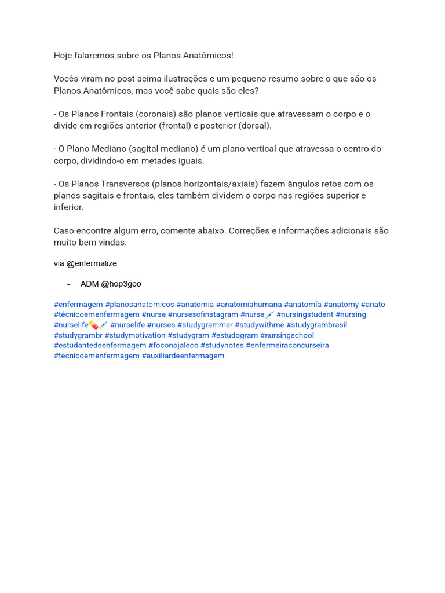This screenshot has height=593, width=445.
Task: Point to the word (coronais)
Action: point(156,114)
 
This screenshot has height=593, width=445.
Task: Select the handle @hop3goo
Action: point(121,284)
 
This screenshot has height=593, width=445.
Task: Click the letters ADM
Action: point(89,284)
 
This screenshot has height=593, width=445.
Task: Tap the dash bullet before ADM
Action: point(68,284)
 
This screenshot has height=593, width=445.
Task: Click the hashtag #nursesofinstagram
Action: point(203,314)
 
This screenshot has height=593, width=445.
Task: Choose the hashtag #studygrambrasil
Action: point(316,325)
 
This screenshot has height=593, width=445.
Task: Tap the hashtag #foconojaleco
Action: point(173,345)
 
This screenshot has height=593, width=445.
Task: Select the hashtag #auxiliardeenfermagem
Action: point(183,356)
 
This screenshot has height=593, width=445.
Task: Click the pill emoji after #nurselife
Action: point(93,325)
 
